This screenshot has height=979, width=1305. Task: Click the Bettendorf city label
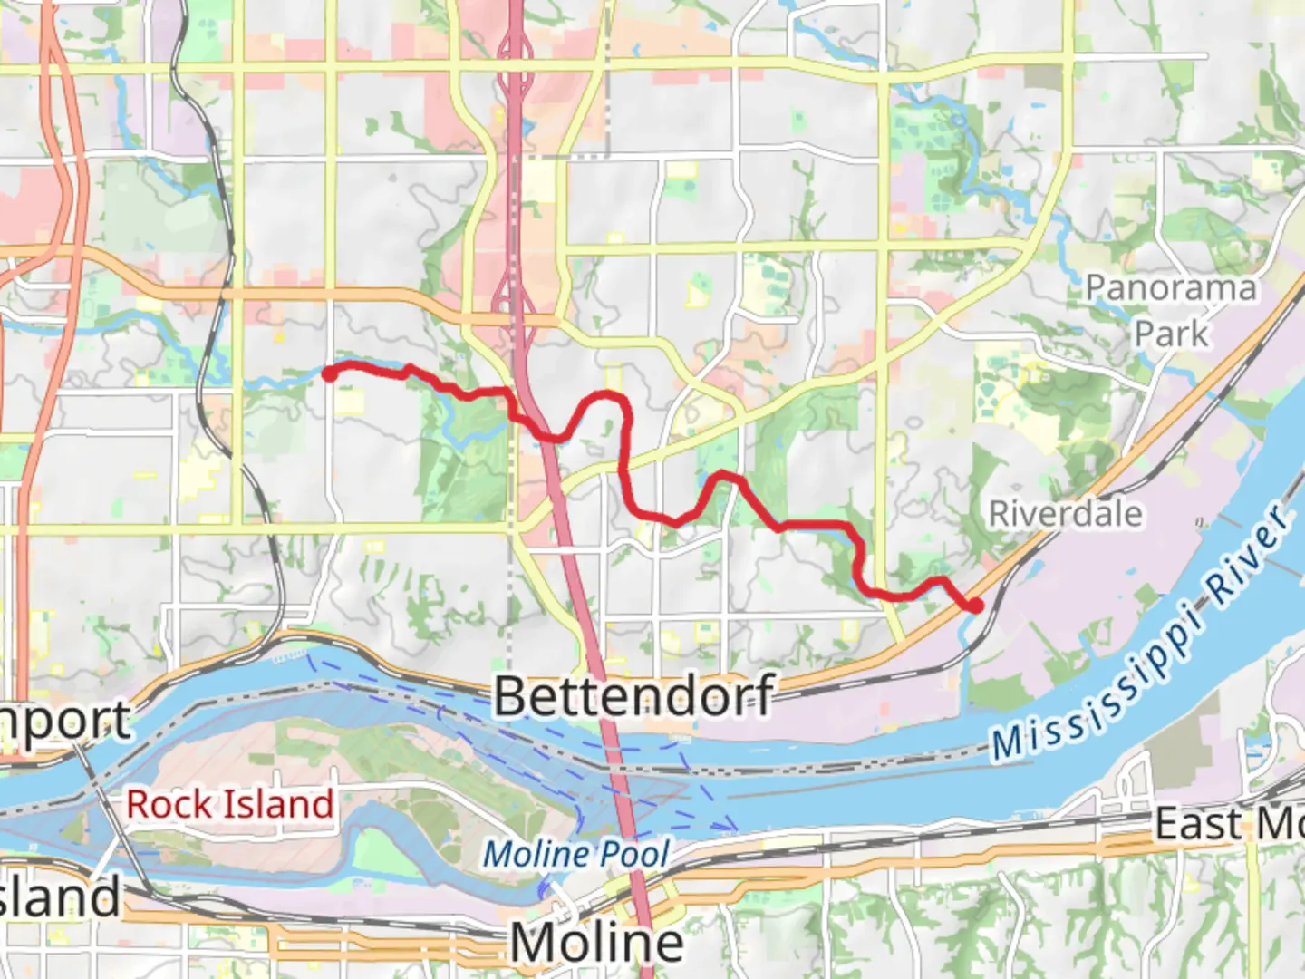[633, 696]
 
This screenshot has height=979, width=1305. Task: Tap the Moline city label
[596, 943]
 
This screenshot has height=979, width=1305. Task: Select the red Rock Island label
[229, 804]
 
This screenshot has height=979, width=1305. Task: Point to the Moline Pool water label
[576, 854]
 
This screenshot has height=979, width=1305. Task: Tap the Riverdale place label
[1065, 514]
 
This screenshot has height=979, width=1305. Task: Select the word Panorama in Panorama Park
[1171, 288]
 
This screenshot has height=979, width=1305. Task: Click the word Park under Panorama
[1171, 334]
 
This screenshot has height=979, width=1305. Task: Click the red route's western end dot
[330, 372]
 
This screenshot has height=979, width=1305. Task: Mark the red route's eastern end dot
[976, 605]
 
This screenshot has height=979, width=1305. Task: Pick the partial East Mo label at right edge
[1228, 825]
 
